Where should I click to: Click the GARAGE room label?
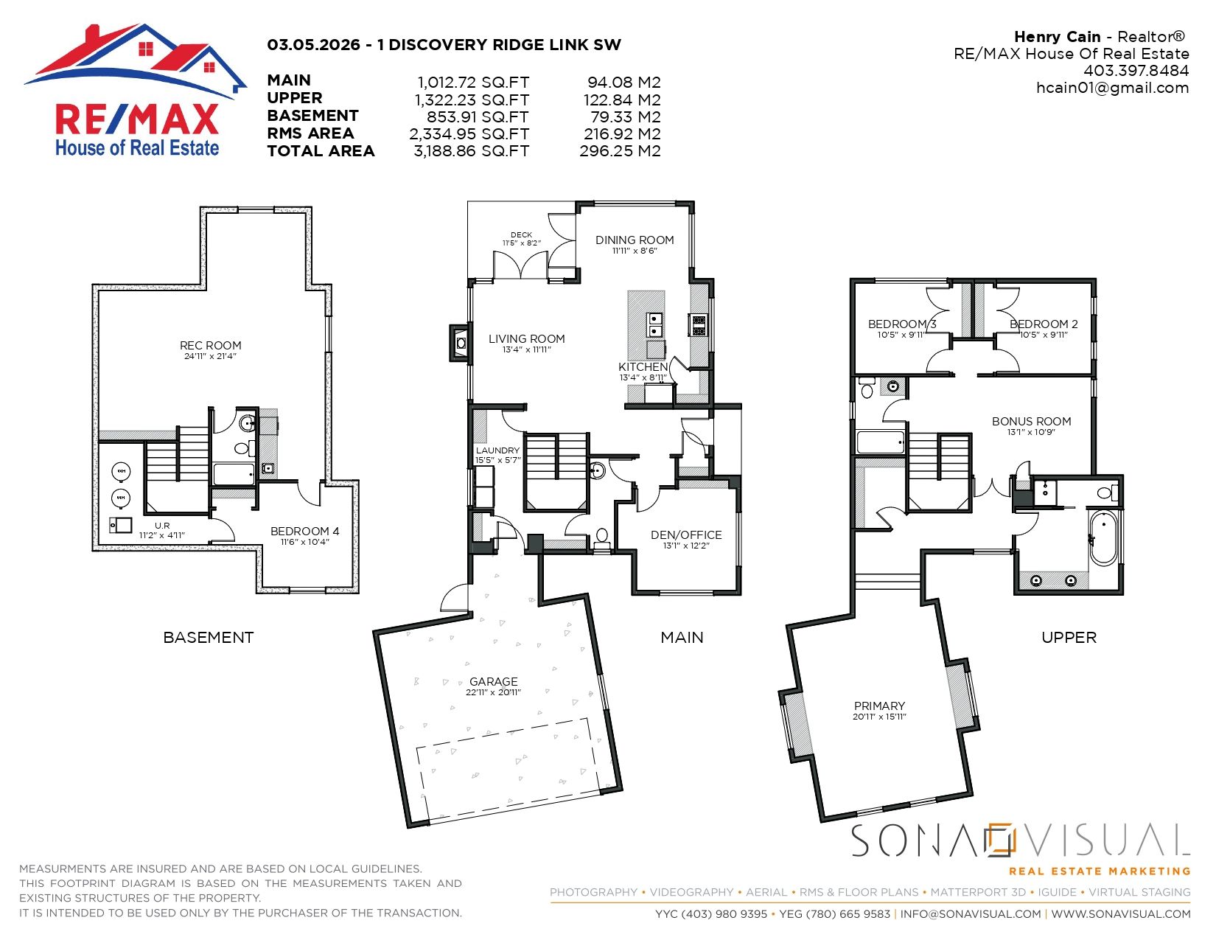(493, 682)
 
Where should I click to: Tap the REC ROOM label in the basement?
(211, 346)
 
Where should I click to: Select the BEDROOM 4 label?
(304, 532)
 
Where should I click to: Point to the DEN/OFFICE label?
(686, 535)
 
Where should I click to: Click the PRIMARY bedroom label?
(879, 706)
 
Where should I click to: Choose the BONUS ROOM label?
(1031, 422)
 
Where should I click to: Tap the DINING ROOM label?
(635, 240)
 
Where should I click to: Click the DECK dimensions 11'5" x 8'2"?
(522, 243)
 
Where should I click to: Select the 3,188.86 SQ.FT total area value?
(471, 151)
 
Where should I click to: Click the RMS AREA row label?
(310, 133)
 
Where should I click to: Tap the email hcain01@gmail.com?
(1112, 88)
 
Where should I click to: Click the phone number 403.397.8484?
(1136, 71)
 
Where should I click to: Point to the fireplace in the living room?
(460, 343)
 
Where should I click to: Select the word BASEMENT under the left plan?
(209, 638)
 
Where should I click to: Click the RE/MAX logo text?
(137, 119)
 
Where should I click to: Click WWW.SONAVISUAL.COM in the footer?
(1120, 914)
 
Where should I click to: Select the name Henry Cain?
(1057, 37)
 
